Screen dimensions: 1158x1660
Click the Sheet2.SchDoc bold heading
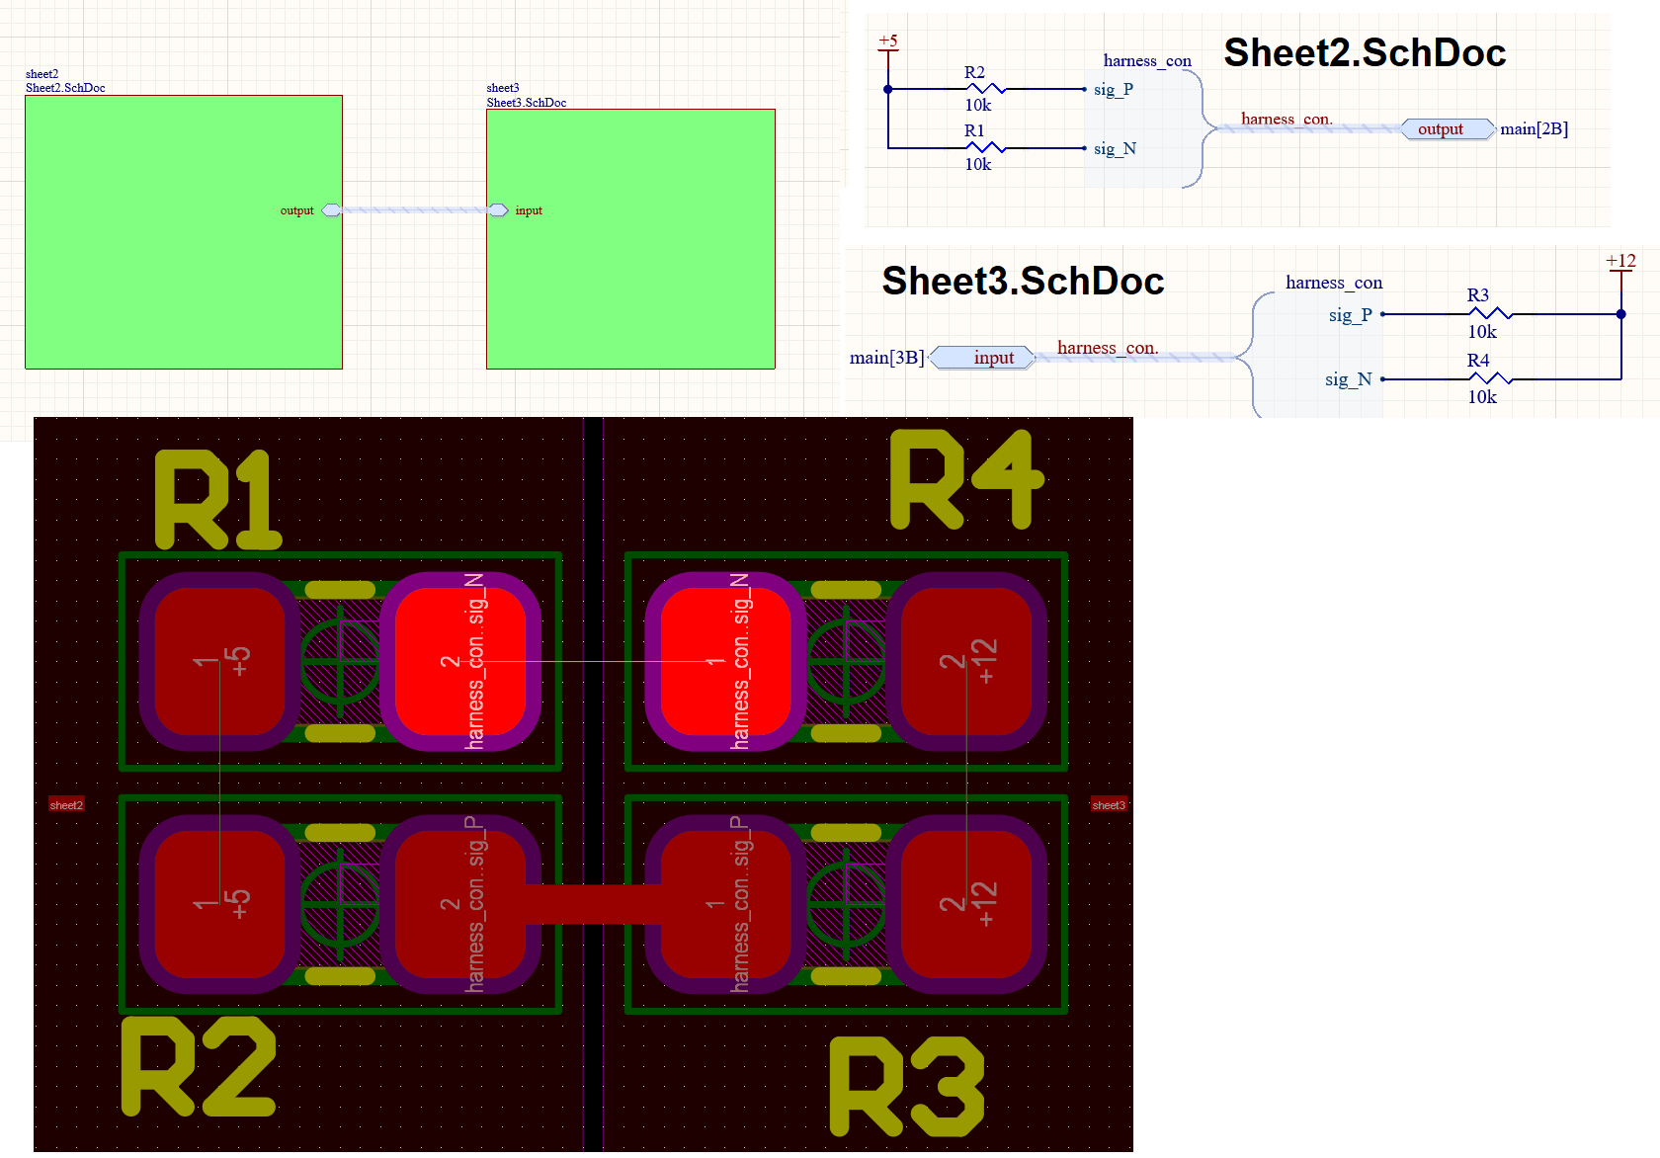pos(1365,53)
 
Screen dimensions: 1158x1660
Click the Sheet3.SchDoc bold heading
pos(1023,282)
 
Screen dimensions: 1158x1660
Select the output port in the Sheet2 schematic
pos(1447,129)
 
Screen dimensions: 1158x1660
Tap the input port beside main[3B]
pos(983,358)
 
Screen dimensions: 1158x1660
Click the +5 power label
pos(888,41)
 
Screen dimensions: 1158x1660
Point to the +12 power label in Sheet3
pos(1620,261)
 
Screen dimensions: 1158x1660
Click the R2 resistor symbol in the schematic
pos(985,89)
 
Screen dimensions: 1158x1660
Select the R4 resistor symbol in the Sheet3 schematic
pos(1490,378)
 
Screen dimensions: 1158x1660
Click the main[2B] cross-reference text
pos(1534,129)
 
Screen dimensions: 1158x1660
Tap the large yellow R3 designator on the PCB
pos(907,1086)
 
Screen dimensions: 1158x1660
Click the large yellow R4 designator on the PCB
pos(966,480)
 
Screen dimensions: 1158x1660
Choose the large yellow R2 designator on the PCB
pos(199,1067)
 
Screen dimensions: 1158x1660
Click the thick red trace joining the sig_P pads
pos(593,904)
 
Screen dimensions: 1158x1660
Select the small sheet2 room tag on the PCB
pos(66,805)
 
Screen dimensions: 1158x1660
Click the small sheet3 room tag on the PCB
pos(1108,805)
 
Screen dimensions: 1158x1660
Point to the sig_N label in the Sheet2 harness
pos(1115,149)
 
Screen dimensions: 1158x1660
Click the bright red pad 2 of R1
pos(459,661)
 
